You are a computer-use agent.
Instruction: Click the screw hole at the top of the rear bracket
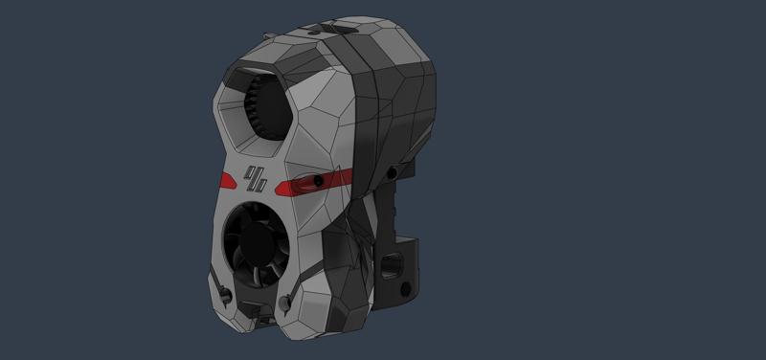pyautogui.click(x=393, y=172)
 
